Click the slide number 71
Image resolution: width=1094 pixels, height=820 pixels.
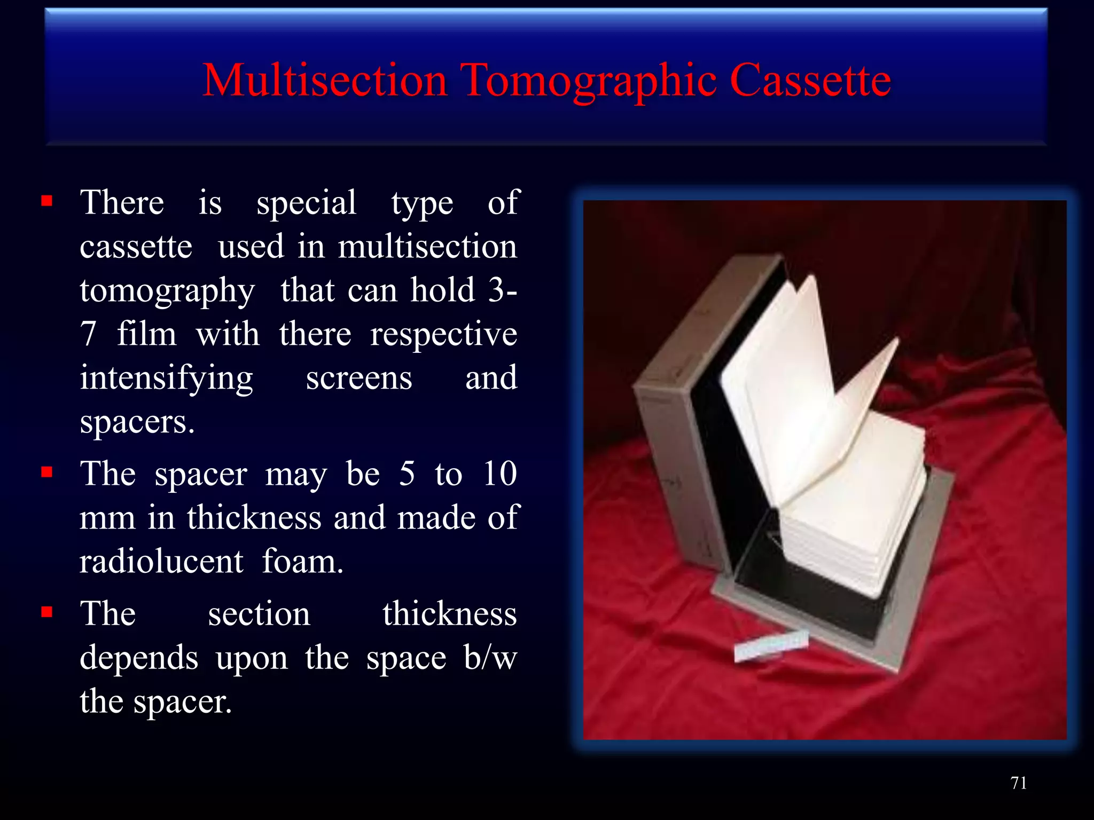pyautogui.click(x=1018, y=783)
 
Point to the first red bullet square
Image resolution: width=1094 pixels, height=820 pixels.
pyautogui.click(x=47, y=201)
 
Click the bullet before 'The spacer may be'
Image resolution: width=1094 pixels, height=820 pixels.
pyautogui.click(x=47, y=472)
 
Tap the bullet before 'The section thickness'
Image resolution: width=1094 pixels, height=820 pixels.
pyautogui.click(x=47, y=612)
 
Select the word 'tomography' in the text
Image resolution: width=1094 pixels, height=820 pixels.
pyautogui.click(x=167, y=291)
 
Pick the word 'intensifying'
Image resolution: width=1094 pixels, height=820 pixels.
pyautogui.click(x=166, y=379)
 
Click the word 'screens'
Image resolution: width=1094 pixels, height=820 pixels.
pyautogui.click(x=359, y=378)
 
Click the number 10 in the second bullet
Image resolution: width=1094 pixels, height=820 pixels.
pyautogui.click(x=499, y=473)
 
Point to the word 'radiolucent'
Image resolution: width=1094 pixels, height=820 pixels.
pyautogui.click(x=161, y=562)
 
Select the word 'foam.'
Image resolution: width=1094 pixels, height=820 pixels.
pyautogui.click(x=302, y=562)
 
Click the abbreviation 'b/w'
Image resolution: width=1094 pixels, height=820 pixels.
pyautogui.click(x=490, y=658)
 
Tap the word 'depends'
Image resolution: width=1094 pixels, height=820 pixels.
pyautogui.click(x=139, y=658)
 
